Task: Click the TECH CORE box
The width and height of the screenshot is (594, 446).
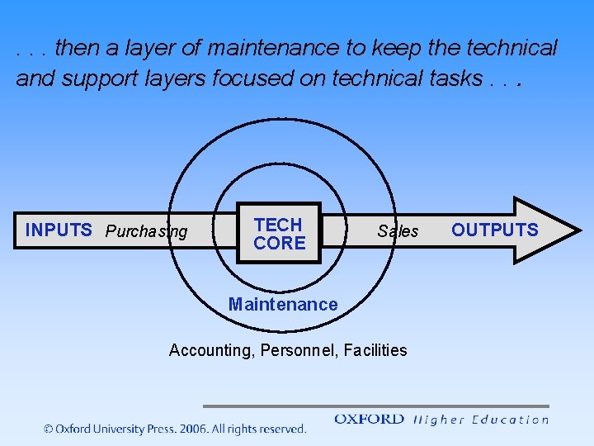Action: [x=279, y=233]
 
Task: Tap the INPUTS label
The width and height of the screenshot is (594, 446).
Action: [x=59, y=230]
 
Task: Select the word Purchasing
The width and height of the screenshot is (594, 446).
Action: [x=147, y=232]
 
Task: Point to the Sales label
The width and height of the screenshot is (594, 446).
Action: [x=398, y=231]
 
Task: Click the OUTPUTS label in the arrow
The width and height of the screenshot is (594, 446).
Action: [x=494, y=230]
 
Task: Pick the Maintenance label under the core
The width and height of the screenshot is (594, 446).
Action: [x=283, y=305]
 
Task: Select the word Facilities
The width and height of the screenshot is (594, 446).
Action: [x=375, y=350]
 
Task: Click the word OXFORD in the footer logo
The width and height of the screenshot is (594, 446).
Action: [x=369, y=420]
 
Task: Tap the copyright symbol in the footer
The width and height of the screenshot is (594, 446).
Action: [x=48, y=429]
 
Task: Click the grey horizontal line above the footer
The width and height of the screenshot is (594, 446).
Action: [x=375, y=406]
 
